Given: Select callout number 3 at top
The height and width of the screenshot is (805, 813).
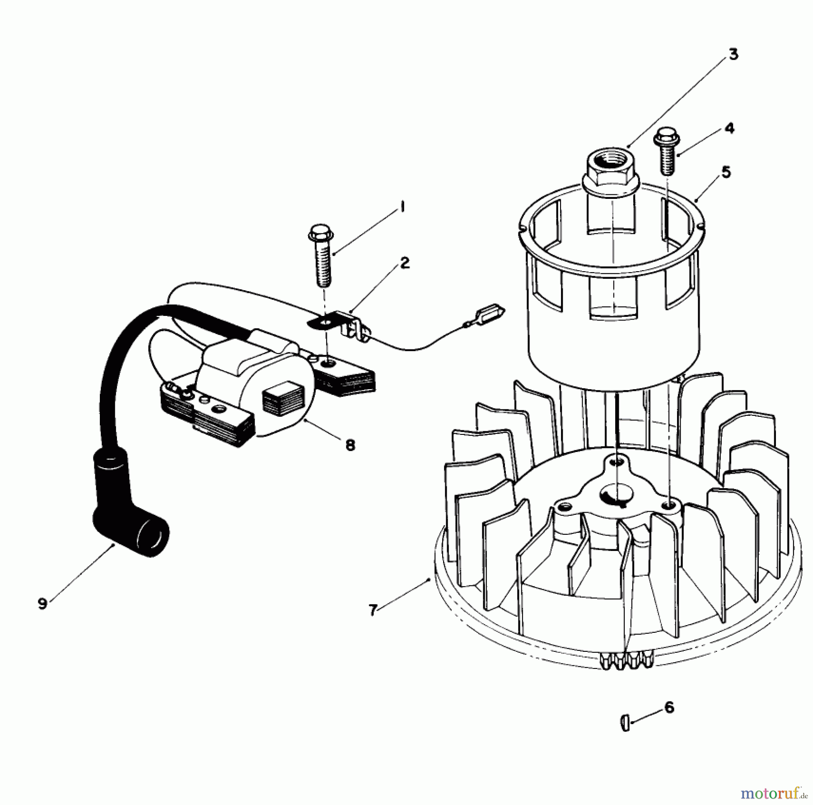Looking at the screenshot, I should pos(734,54).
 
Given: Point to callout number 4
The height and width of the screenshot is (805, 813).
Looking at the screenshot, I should pos(729,128).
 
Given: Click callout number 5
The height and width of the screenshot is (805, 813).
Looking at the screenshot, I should pos(726,172).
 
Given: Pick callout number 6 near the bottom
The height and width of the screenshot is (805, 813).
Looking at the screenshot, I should pos(669,707).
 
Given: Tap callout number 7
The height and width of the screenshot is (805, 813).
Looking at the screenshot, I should pos(373,610).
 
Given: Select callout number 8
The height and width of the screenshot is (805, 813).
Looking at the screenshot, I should pos(350,445).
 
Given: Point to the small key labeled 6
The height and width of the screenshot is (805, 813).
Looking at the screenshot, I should pos(625,722).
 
